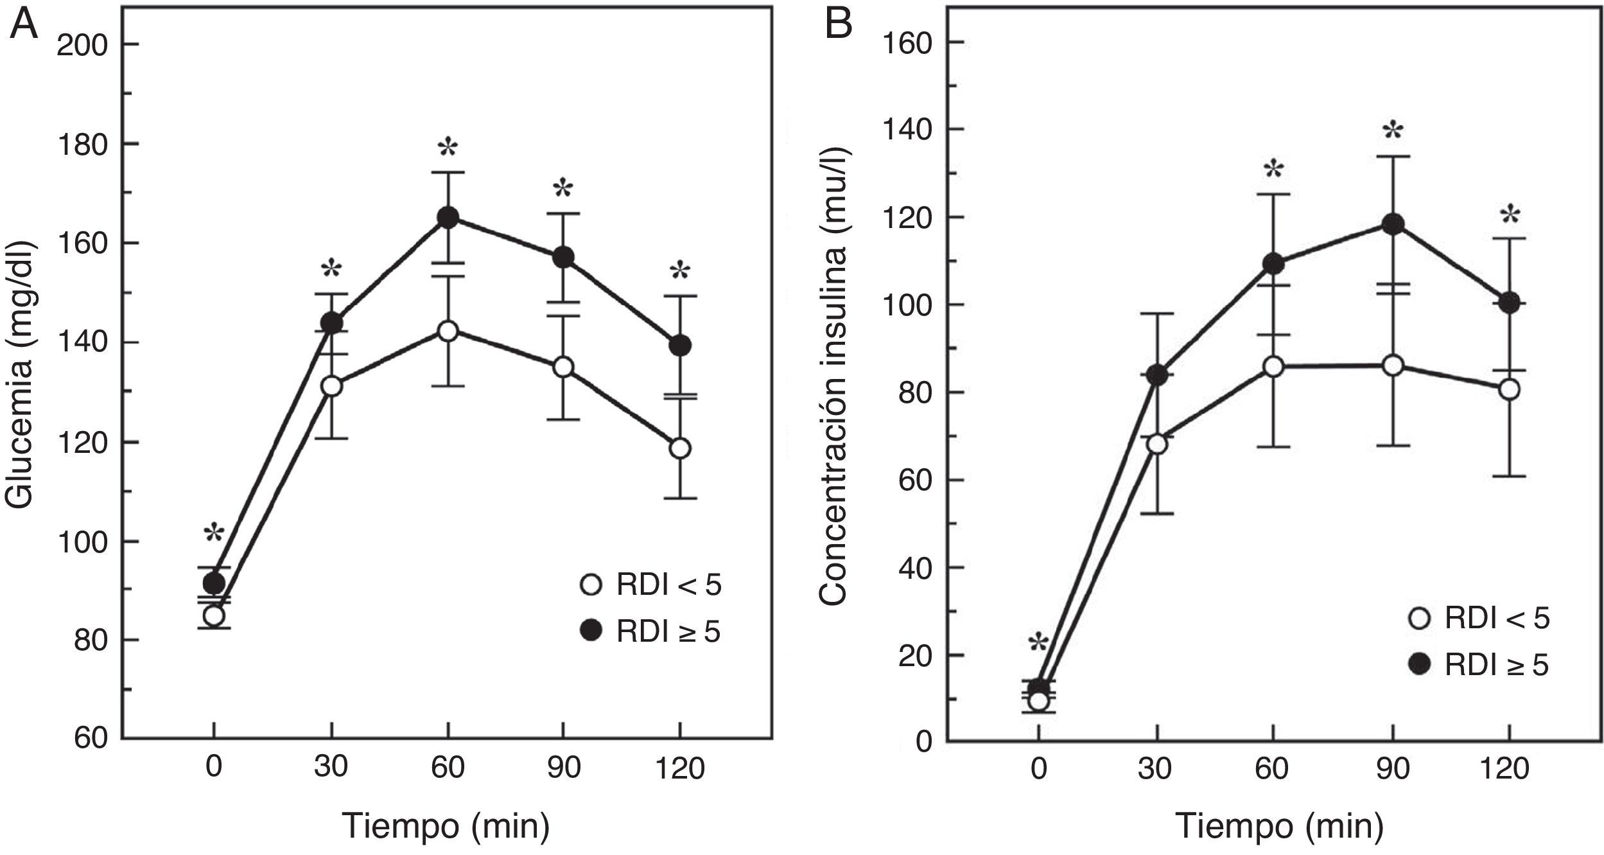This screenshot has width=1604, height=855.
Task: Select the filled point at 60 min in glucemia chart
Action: [x=448, y=218]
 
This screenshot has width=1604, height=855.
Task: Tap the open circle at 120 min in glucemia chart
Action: [x=680, y=448]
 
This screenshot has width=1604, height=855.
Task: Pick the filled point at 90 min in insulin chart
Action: [x=1393, y=224]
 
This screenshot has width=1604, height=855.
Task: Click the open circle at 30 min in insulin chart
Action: [x=1157, y=445]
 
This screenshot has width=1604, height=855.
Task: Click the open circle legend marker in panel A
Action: [x=590, y=585]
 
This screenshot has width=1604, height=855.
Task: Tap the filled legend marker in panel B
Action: [x=1417, y=666]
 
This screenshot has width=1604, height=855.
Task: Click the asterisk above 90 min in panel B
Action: [x=1393, y=133]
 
